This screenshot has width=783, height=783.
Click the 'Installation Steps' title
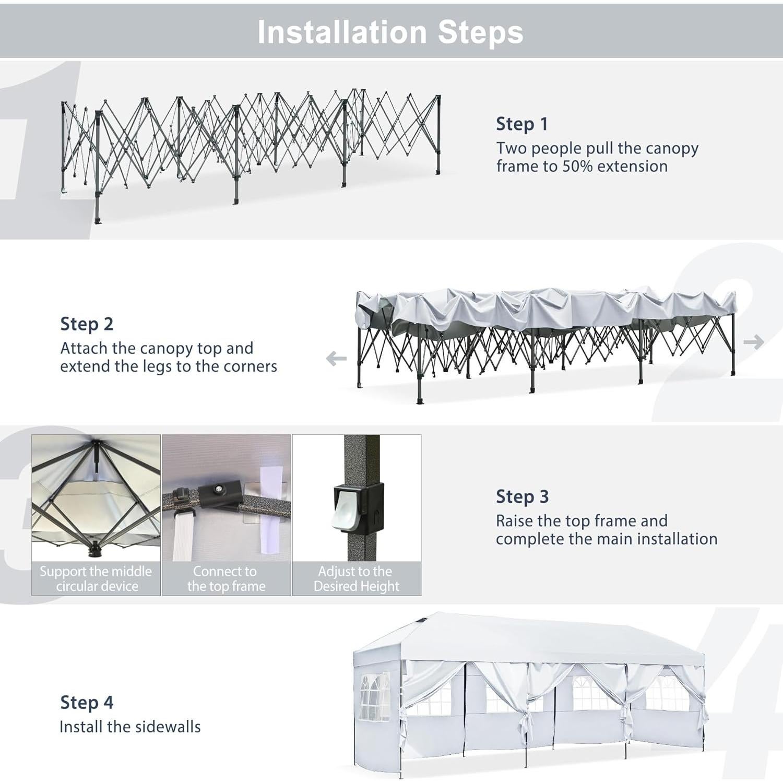[390, 32]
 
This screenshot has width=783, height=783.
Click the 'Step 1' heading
[522, 124]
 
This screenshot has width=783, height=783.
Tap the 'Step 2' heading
[87, 324]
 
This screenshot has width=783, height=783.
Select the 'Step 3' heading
[523, 496]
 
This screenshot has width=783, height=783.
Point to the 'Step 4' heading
[87, 703]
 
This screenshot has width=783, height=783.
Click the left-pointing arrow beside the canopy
[336, 359]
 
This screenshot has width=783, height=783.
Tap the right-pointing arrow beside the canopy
[754, 342]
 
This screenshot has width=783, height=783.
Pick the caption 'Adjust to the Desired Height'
[357, 579]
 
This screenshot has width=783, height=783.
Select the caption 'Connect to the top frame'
[226, 579]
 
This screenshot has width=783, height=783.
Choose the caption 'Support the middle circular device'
[96, 579]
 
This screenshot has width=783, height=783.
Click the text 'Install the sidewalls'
[130, 727]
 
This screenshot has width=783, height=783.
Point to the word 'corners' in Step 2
[250, 366]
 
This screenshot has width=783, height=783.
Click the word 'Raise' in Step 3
[515, 521]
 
